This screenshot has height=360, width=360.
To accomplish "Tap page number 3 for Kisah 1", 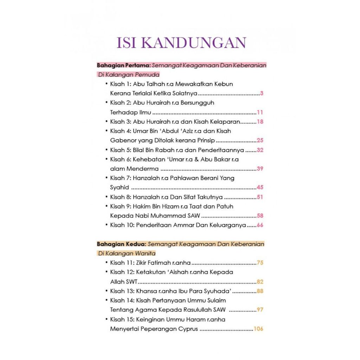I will click(262, 94).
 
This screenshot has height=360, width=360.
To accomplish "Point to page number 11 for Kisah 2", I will click(260, 112).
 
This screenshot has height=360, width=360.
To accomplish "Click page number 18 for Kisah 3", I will click(260, 122).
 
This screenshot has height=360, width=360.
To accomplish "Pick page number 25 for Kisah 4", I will click(260, 140).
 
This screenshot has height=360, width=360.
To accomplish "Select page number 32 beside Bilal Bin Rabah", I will click(260, 150).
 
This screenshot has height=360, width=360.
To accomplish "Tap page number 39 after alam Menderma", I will click(260, 168).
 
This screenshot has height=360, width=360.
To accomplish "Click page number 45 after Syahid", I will click(260, 187).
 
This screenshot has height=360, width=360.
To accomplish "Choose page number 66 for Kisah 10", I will click(260, 225).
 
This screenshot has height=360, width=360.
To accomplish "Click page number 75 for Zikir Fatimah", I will click(260, 263).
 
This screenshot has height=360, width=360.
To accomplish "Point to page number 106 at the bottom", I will click(258, 329).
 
